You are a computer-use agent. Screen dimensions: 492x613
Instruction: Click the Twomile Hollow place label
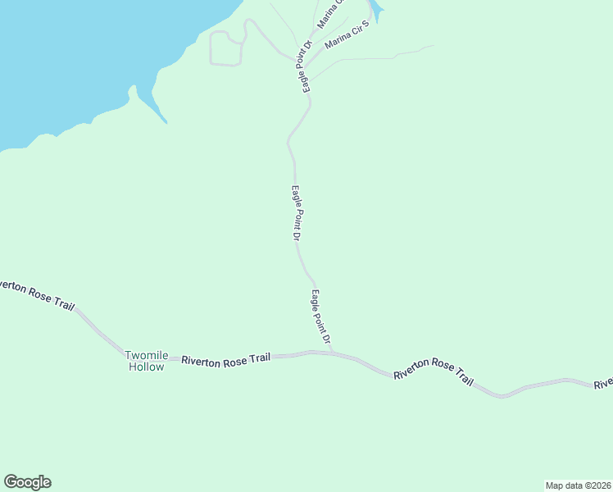coord(147,361)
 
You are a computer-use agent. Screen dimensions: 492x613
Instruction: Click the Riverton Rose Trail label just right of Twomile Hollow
coord(225,360)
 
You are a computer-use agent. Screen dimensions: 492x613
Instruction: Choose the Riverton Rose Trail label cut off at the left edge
coord(37,294)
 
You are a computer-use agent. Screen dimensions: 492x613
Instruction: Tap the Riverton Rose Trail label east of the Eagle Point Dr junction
coord(434,372)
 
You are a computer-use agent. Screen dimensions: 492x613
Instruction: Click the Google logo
coord(27,482)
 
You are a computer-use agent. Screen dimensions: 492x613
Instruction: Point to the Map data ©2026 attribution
coord(579,485)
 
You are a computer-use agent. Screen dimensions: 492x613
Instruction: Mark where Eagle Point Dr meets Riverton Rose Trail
coord(332,353)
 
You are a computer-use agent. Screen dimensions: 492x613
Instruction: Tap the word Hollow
coord(147,367)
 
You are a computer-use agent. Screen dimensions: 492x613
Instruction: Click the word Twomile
coord(147,355)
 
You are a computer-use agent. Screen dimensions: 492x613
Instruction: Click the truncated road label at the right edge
coord(604,384)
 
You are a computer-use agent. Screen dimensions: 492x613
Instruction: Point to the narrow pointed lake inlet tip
coord(166,123)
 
